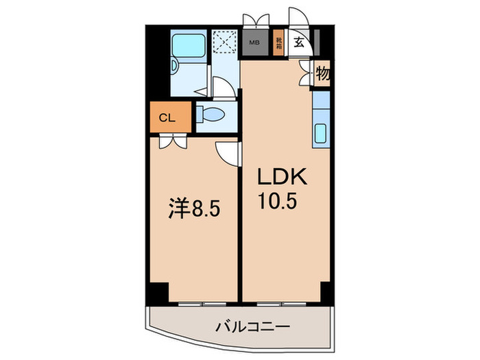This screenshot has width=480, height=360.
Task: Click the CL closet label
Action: [167, 117]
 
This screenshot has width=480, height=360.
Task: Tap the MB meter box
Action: [254, 42]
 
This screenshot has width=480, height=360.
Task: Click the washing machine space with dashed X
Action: [224, 42]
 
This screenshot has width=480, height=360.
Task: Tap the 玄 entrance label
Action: [299, 42]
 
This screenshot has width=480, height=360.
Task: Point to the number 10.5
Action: [278, 203]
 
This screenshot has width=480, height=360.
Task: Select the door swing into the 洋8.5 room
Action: [228, 152]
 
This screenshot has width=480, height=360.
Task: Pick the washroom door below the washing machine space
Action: [221, 88]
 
